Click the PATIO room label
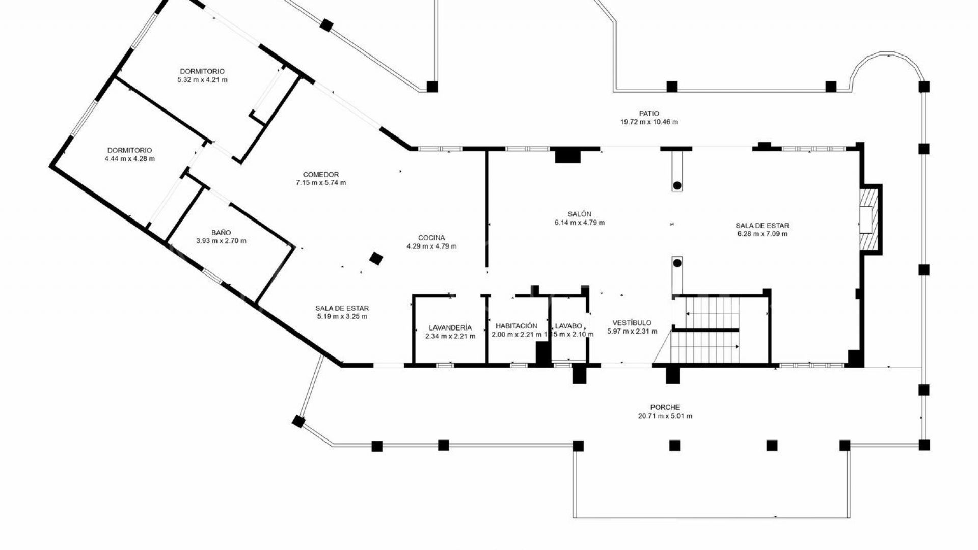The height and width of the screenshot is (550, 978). (649, 114)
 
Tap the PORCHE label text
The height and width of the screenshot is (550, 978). (665, 407)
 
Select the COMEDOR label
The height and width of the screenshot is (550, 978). (320, 174)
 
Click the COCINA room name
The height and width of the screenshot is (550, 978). (431, 238)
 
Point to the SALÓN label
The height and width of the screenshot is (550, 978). (579, 214)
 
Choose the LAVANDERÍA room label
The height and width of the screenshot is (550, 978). (450, 328)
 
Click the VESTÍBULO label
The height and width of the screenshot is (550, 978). (632, 323)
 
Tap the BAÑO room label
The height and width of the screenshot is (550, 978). (221, 233)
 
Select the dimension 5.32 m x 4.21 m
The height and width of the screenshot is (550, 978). (202, 80)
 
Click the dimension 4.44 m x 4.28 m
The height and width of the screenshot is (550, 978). (129, 159)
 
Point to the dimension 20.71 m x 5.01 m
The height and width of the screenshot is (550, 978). (665, 416)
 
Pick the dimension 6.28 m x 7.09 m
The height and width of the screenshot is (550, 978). (762, 234)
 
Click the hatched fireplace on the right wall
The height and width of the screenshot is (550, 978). (870, 219)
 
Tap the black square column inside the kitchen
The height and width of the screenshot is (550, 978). (375, 258)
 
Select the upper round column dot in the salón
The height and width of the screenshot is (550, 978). (677, 186)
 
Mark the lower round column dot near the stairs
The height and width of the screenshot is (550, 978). (677, 263)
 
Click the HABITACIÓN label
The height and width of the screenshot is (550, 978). (516, 326)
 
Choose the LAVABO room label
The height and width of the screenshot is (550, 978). (568, 326)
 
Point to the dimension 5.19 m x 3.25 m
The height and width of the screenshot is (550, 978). (342, 317)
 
